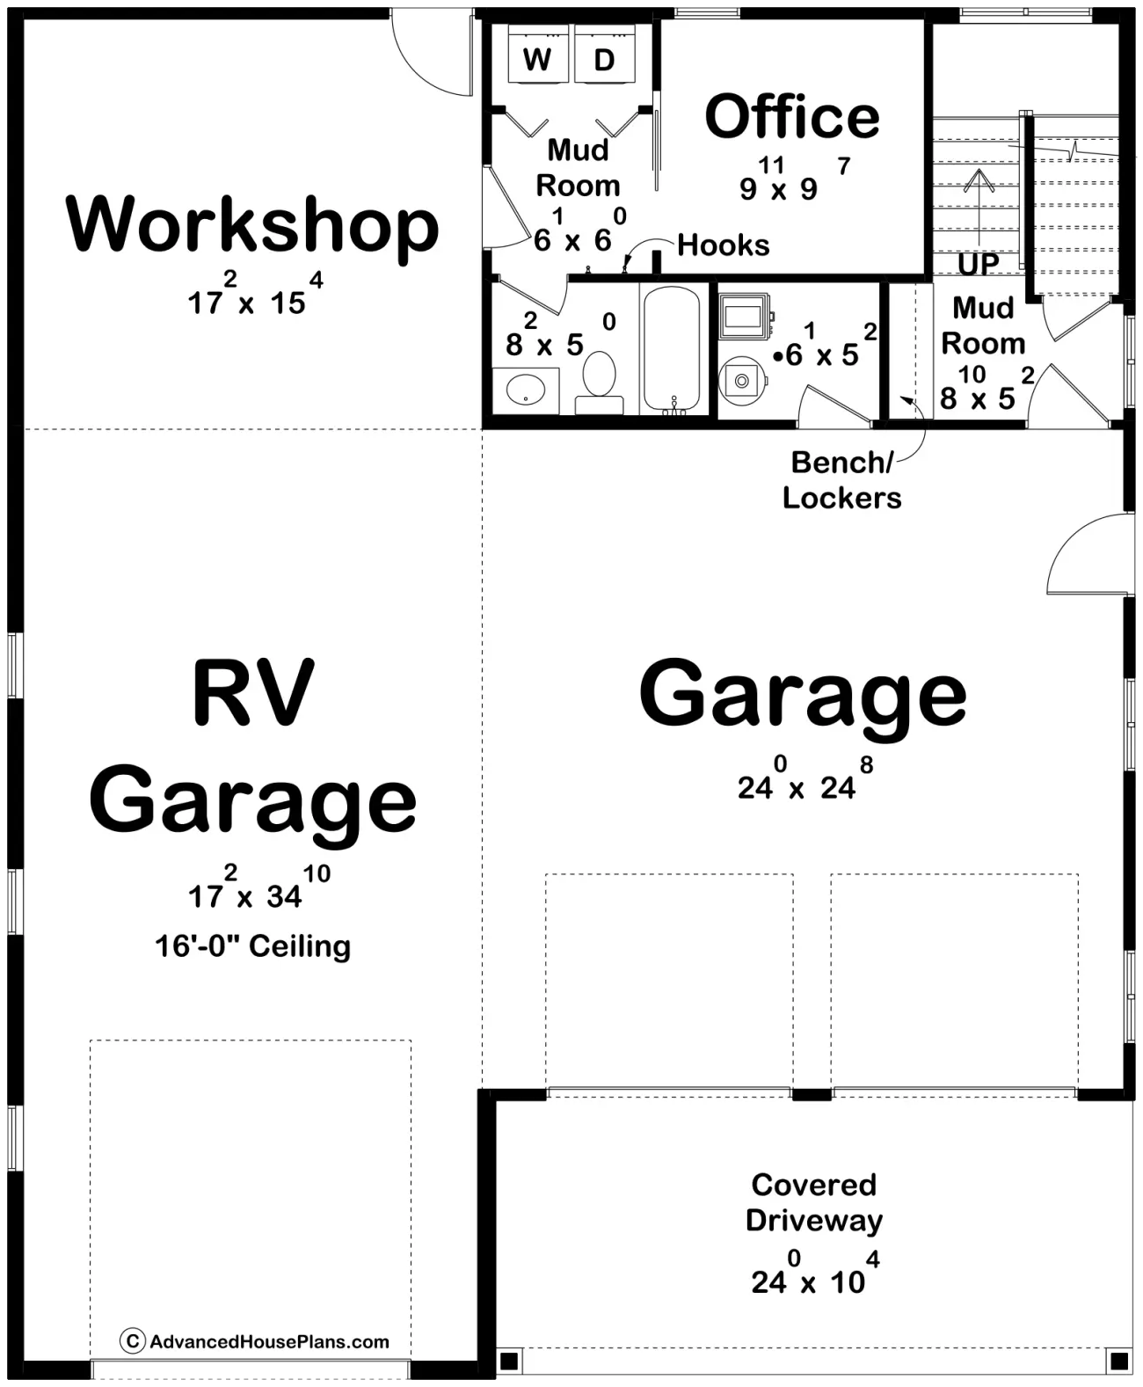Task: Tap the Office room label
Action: click(x=791, y=117)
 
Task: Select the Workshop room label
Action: click(x=252, y=226)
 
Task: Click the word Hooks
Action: click(x=723, y=245)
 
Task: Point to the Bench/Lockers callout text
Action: click(x=841, y=480)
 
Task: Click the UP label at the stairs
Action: click(x=978, y=264)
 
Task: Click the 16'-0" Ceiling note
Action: click(x=252, y=946)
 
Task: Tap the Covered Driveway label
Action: click(x=813, y=1202)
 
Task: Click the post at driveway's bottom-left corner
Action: click(x=507, y=1361)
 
